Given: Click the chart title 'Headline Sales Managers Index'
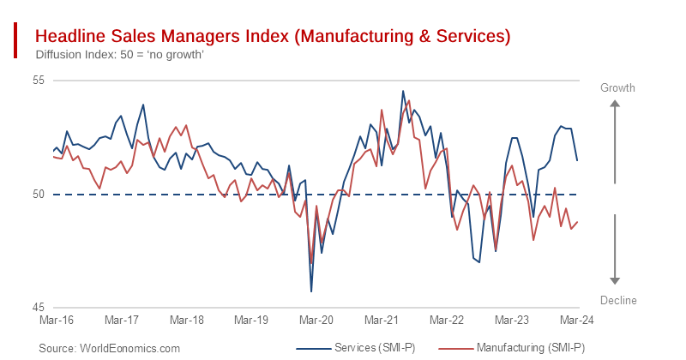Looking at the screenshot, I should [x=272, y=36].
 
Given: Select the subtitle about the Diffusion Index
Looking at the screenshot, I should [x=119, y=55].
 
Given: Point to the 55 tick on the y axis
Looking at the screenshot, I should [x=38, y=81].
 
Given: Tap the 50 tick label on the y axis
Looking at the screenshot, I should [x=38, y=195].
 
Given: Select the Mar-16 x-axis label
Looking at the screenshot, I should [x=56, y=320].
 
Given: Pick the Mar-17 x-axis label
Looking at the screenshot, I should [x=122, y=320].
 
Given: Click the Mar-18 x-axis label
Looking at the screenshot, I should [x=187, y=320].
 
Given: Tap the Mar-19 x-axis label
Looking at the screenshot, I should [x=252, y=320].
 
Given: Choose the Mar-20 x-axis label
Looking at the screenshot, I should [x=316, y=320].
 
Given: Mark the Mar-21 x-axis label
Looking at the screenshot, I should [x=382, y=320].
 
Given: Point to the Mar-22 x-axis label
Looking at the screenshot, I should [x=447, y=320].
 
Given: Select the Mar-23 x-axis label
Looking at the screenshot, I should [x=512, y=320].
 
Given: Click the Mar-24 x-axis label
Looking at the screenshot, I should [x=576, y=320].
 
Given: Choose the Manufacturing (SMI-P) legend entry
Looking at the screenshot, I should [x=511, y=348].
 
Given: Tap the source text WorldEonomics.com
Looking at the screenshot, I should [x=110, y=348].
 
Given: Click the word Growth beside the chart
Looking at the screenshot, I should [x=617, y=88].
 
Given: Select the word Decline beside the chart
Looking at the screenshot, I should [x=617, y=299].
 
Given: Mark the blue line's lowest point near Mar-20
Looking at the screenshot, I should [x=311, y=291].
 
